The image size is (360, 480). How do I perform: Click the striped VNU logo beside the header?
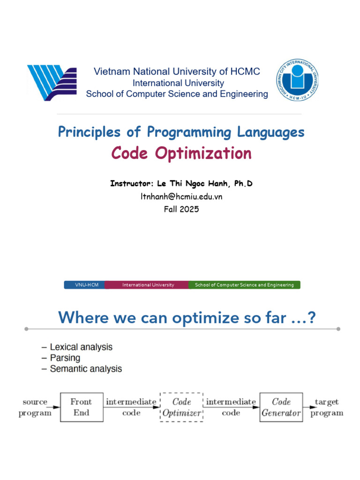pyautogui.click(x=52, y=82)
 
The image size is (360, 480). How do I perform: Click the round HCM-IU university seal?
pyautogui.click(x=297, y=80)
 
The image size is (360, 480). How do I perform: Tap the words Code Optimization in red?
pyautogui.click(x=181, y=153)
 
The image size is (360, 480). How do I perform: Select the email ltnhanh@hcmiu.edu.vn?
pyautogui.click(x=181, y=196)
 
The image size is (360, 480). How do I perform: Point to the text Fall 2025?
pyautogui.click(x=181, y=209)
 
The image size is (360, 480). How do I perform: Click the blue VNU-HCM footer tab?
pyautogui.click(x=85, y=285)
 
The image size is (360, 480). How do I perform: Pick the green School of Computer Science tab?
pyautogui.click(x=244, y=285)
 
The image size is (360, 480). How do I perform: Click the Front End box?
pyautogui.click(x=82, y=407)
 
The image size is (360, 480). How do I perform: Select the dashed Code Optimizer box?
pyautogui.click(x=181, y=407)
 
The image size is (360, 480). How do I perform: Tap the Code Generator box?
pyautogui.click(x=281, y=407)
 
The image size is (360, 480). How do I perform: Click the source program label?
pyautogui.click(x=35, y=407)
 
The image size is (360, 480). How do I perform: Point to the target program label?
pyautogui.click(x=327, y=407)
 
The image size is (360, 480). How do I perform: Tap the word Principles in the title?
pyautogui.click(x=89, y=132)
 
